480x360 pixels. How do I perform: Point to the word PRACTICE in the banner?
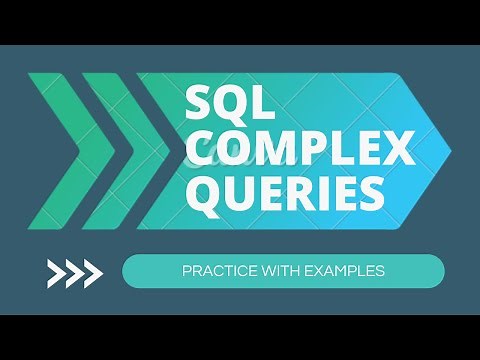coord(218,271)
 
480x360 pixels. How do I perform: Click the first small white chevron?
coord(58,271)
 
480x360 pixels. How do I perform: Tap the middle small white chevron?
coord(75,271)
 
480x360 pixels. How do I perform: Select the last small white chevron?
coord(92,271)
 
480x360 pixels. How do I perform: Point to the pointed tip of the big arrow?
coord(448,150)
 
